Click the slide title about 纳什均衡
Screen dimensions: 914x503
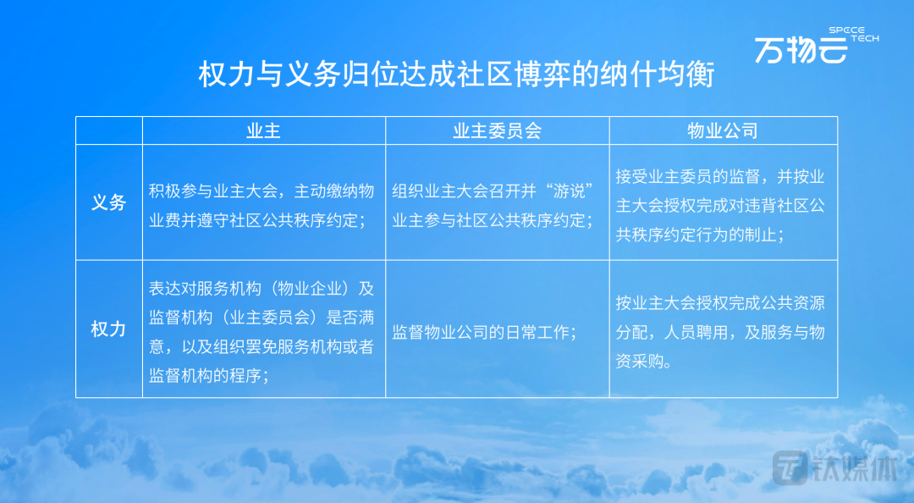click(x=456, y=75)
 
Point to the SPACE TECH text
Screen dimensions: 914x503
click(x=853, y=34)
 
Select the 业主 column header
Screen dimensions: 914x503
click(x=263, y=130)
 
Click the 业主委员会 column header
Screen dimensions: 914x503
click(x=498, y=130)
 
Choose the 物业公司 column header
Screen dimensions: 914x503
click(x=723, y=130)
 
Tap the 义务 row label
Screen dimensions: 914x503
click(x=109, y=202)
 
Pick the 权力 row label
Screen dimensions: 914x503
click(x=109, y=329)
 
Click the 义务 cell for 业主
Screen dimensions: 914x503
click(x=262, y=206)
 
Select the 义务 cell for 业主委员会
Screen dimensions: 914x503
click(x=493, y=206)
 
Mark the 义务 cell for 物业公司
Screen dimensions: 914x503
click(x=720, y=206)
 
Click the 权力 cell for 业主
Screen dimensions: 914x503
click(x=262, y=332)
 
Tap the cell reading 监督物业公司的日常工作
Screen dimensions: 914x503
click(x=484, y=332)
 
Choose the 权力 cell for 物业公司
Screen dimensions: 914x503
click(x=720, y=332)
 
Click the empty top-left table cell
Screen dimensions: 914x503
click(x=109, y=130)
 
